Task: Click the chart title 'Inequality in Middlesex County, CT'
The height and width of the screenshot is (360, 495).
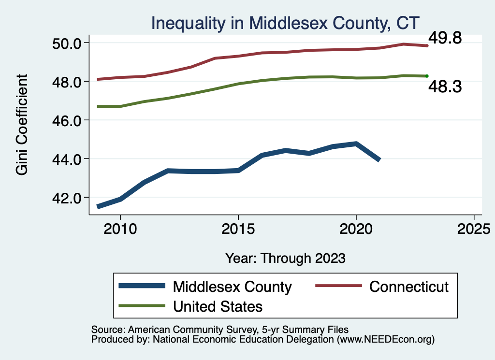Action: tap(285, 23)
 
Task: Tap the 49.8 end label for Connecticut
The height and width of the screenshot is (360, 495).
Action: tap(445, 38)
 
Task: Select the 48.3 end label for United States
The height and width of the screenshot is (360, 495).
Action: tap(445, 87)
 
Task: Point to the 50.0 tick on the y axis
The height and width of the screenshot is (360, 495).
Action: tap(66, 43)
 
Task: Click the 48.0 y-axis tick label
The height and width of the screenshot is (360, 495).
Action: tap(66, 82)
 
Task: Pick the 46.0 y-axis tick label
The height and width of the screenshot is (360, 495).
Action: tap(66, 120)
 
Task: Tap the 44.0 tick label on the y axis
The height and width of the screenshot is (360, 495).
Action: tap(66, 158)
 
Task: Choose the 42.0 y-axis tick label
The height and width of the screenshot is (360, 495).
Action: tap(66, 197)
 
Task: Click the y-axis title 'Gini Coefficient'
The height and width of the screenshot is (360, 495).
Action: tap(22, 125)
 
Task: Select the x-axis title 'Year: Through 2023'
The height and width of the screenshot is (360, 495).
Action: tap(285, 258)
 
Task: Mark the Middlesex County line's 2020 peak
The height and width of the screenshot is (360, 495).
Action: tap(356, 144)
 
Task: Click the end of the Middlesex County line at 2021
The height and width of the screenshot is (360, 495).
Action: tap(379, 159)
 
